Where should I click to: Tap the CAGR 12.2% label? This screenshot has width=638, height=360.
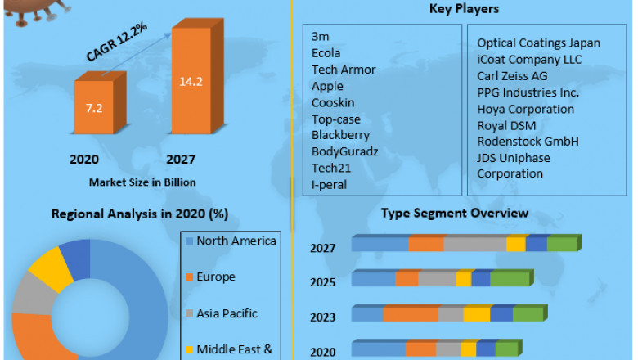coord(116,42)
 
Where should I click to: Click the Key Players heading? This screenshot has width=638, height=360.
coord(464,9)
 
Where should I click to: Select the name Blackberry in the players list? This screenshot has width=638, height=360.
coord(340,135)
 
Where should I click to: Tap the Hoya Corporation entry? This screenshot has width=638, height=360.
coord(525,109)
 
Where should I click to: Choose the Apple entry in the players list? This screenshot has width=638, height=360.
coord(327,86)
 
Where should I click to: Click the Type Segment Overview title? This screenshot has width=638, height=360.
coord(455,213)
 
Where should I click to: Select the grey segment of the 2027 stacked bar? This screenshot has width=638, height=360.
coord(474,244)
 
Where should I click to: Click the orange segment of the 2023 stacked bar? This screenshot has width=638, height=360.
coord(410,314)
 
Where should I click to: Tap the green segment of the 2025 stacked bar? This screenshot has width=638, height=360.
coord(509,279)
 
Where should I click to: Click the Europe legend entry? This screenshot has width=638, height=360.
coord(216,277)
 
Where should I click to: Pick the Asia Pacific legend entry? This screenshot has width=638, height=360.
coord(227,313)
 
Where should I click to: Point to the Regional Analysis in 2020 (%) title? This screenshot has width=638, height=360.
coord(139,214)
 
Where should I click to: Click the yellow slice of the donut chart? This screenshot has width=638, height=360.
coord(49,266)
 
